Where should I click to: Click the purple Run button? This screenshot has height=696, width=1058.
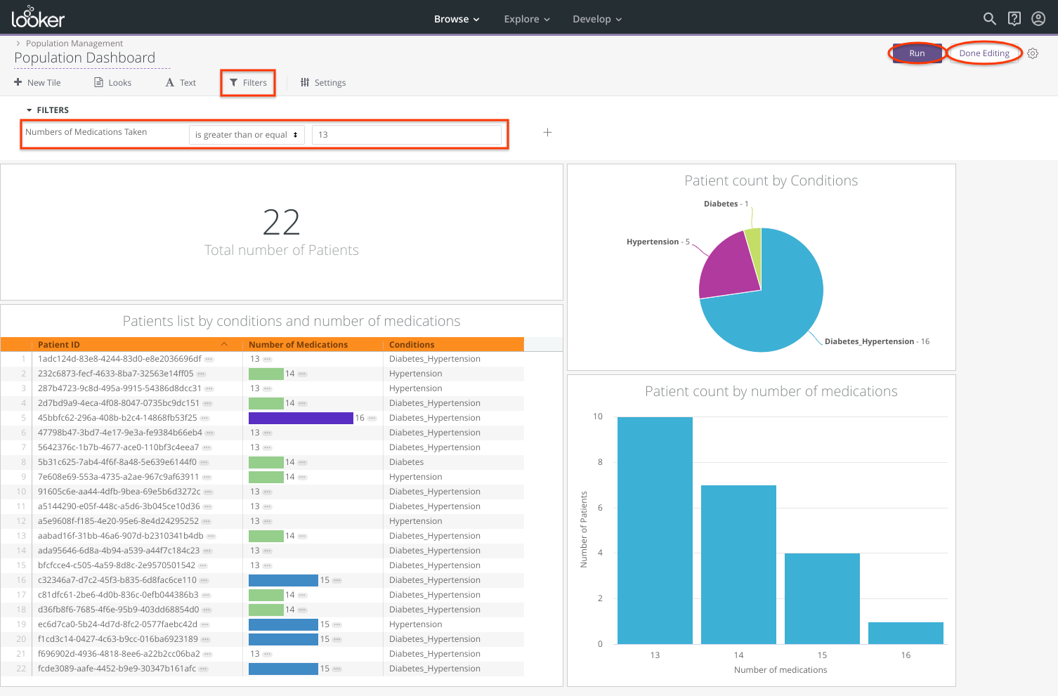(x=917, y=53)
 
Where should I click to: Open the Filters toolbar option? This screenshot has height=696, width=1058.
(x=248, y=83)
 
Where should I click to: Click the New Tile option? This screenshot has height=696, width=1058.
(x=38, y=83)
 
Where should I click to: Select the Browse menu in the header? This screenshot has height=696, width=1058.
(x=456, y=19)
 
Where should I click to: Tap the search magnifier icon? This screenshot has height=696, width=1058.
(x=989, y=19)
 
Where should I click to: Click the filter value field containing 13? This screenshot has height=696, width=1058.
(x=406, y=135)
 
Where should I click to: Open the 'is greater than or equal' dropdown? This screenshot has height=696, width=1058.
(x=246, y=135)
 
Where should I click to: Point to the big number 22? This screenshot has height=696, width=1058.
(x=281, y=223)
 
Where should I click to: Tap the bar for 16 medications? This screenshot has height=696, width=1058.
(x=906, y=633)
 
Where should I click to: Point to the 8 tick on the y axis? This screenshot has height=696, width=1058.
(x=600, y=462)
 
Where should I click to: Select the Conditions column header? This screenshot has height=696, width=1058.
(x=412, y=345)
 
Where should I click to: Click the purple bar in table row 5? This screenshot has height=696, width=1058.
(x=301, y=418)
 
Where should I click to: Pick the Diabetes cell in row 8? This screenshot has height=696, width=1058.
(x=407, y=462)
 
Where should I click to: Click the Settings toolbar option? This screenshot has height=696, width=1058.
(x=323, y=83)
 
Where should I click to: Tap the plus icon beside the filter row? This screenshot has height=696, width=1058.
(x=548, y=133)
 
